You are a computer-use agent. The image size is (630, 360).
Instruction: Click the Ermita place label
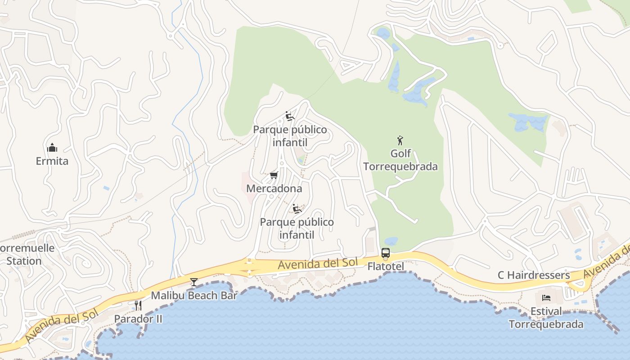(52, 161)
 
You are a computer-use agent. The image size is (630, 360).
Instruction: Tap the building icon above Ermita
(52, 148)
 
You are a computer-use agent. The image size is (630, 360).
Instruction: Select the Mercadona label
(274, 189)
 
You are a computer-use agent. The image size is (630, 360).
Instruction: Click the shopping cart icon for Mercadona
(274, 175)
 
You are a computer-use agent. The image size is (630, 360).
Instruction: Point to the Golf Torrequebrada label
(400, 160)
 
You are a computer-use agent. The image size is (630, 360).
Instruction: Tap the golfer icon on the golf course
(400, 140)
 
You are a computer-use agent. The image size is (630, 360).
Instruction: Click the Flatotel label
(386, 266)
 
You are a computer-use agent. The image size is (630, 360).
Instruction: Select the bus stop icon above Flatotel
(386, 253)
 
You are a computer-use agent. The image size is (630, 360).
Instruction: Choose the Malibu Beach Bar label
(194, 296)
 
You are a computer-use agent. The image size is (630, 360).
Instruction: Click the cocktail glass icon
(194, 282)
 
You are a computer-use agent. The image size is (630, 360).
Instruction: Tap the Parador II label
(138, 319)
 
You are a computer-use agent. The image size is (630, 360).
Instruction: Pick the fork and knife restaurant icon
(138, 306)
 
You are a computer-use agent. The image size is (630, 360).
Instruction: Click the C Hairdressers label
(534, 275)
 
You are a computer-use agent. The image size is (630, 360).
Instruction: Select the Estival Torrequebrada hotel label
(546, 318)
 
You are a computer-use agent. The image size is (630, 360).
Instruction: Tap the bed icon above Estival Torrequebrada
(546, 298)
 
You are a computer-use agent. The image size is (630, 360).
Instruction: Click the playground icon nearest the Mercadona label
(297, 209)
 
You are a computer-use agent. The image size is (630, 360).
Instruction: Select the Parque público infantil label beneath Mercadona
(297, 228)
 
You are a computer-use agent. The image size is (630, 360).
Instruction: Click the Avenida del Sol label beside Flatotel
(318, 264)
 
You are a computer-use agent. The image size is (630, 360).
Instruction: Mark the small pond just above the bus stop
(391, 241)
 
